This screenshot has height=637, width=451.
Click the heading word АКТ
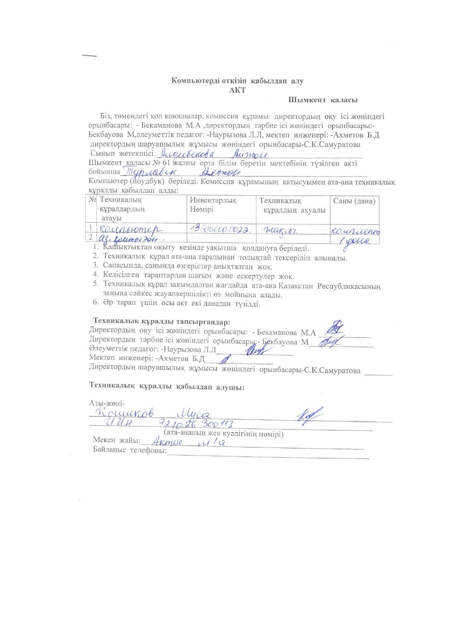pos(237,90)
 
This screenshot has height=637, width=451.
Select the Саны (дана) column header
pos(354,201)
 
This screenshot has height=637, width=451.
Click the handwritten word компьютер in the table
pos(132,229)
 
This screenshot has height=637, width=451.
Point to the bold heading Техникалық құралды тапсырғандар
pos(162,322)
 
